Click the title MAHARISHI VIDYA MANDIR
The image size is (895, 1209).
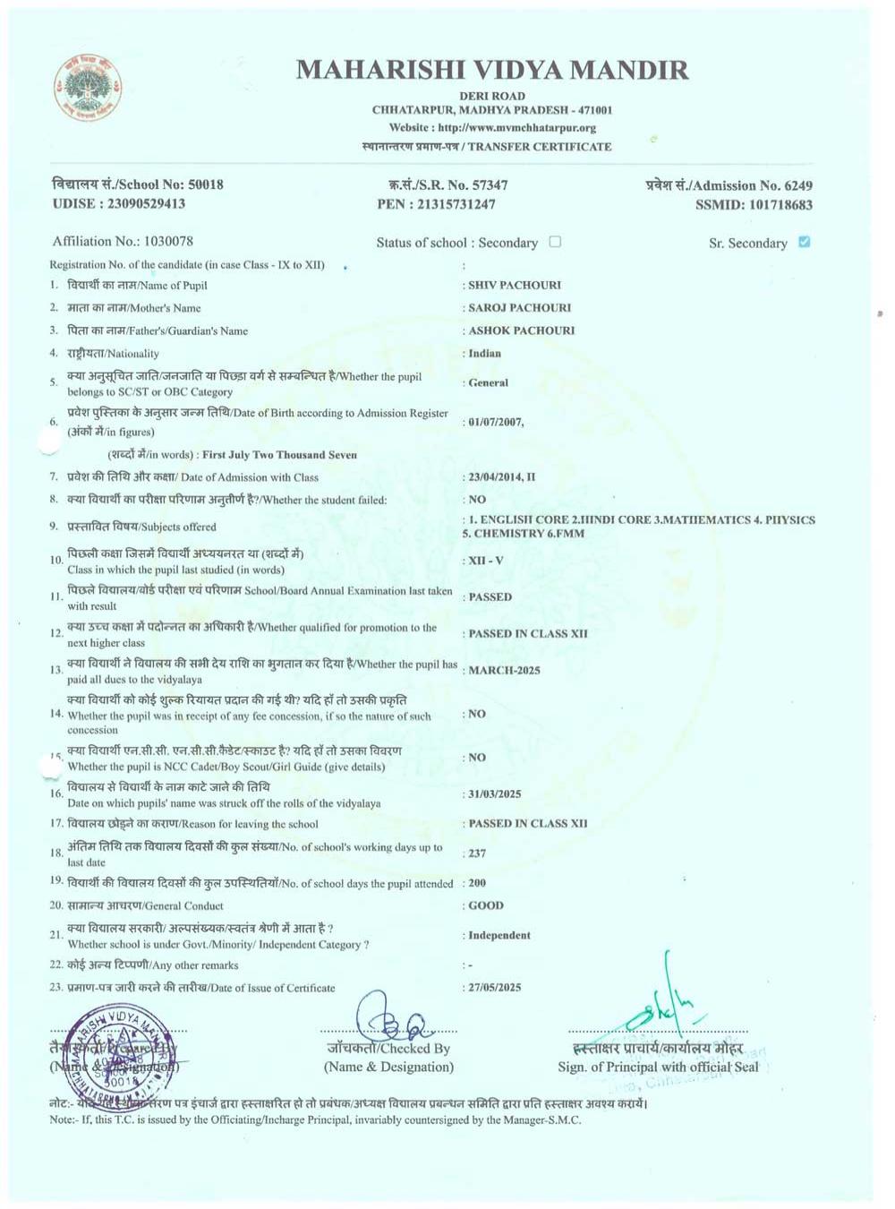[492, 70]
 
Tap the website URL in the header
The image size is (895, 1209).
[517, 128]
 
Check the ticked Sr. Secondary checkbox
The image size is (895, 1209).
[804, 242]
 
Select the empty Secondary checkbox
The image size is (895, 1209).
[555, 242]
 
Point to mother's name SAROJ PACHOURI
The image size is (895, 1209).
[519, 307]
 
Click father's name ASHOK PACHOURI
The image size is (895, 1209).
[521, 330]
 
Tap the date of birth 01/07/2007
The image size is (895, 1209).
[496, 422]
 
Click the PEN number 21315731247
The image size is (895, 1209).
[456, 204]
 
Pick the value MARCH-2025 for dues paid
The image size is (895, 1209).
[504, 670]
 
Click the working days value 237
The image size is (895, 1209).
[477, 853]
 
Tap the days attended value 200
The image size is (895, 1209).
[477, 883]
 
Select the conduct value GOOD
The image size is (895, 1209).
[486, 905]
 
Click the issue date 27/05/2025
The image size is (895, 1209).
[495, 988]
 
